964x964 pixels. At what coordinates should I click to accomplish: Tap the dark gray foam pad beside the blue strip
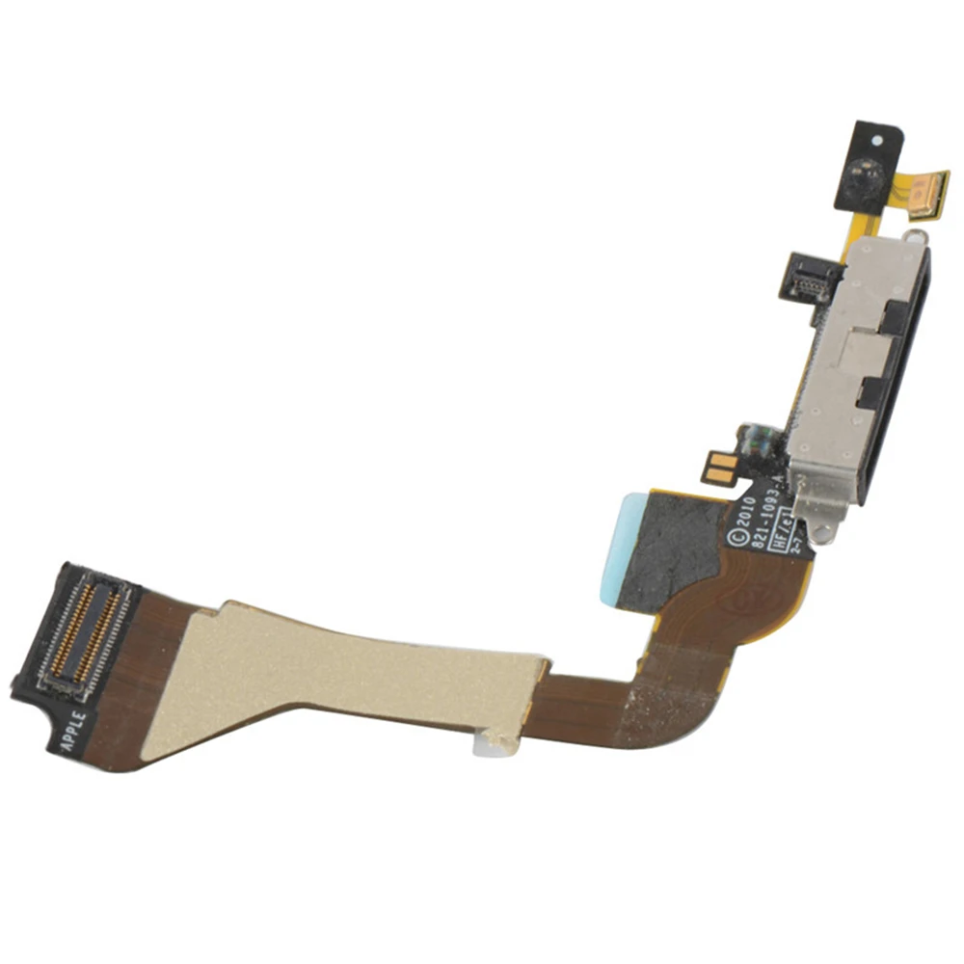(675, 545)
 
